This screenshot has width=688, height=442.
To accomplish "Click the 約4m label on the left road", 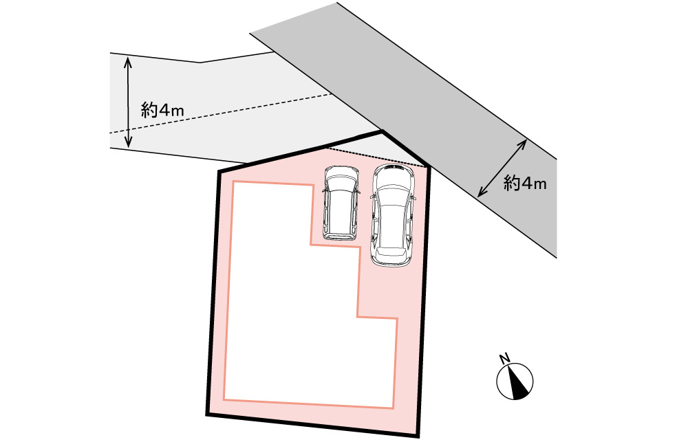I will (x=162, y=110).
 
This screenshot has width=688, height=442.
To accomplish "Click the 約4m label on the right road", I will (x=524, y=184).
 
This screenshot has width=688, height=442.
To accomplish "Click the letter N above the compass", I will (x=504, y=358).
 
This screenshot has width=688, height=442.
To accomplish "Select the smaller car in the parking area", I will (x=341, y=202).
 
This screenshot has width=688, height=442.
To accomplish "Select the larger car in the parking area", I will (x=393, y=214).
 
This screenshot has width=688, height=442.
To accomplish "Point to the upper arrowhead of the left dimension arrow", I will (x=127, y=60).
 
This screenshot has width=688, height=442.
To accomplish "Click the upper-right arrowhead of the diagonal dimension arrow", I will (x=525, y=142).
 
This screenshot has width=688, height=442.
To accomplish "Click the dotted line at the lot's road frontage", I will (x=375, y=157).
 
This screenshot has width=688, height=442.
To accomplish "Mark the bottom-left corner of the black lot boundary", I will (x=207, y=415).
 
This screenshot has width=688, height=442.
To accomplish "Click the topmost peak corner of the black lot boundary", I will (x=381, y=131).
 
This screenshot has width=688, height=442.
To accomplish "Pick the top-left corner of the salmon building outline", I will (x=235, y=182).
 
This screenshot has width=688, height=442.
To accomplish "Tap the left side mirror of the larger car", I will (x=372, y=197).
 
